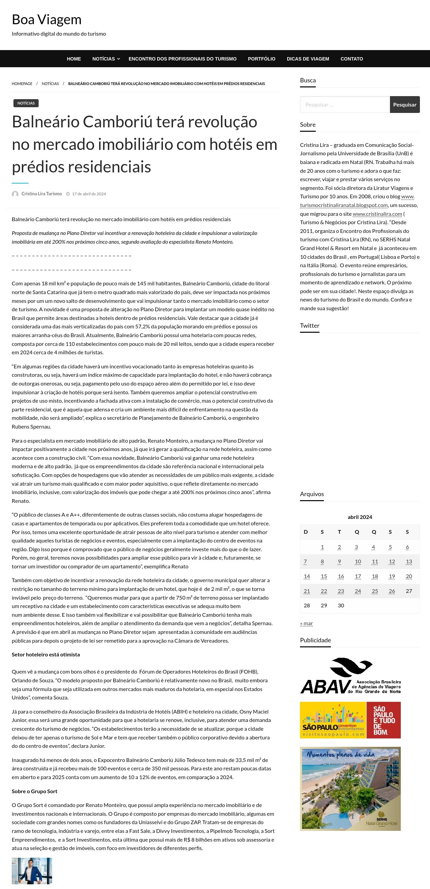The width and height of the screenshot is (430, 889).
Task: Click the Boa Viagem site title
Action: pyautogui.click(x=47, y=20)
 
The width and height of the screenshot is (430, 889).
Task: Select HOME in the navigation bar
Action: pyautogui.click(x=74, y=59)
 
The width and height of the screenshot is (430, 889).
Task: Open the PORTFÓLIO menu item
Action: pyautogui.click(x=261, y=59)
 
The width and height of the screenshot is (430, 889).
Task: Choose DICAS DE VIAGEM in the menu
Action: pyautogui.click(x=308, y=59)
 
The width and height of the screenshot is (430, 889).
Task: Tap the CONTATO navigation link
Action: pyautogui.click(x=351, y=59)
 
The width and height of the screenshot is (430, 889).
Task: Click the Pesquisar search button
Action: pyautogui.click(x=404, y=105)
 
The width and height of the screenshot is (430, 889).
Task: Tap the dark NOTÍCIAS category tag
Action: pyautogui.click(x=26, y=103)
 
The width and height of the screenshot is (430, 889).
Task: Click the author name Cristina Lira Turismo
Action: pyautogui.click(x=42, y=194)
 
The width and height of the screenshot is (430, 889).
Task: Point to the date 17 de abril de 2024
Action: pyautogui.click(x=89, y=194)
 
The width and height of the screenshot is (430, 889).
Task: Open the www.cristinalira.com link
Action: pyautogui.click(x=377, y=214)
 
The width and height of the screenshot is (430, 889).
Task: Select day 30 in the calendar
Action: pyautogui.click(x=341, y=606)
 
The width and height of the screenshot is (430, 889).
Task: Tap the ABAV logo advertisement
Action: pyautogui.click(x=350, y=676)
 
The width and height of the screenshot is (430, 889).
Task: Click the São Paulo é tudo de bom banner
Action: pyautogui.click(x=350, y=720)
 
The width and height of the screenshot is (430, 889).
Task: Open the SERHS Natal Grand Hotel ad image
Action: pyautogui.click(x=350, y=789)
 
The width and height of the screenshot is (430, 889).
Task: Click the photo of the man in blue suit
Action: pyautogui.click(x=32, y=871)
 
